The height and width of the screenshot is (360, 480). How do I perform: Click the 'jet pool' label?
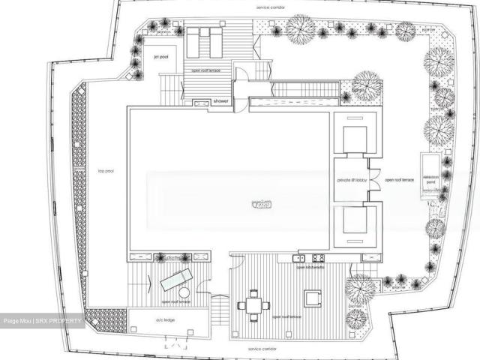(160, 56)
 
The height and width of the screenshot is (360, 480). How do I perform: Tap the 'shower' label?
(220, 100)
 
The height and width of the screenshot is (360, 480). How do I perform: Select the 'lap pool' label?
(105, 170)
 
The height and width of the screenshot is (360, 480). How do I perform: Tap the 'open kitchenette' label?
(310, 267)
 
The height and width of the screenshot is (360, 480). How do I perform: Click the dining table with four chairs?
(253, 304)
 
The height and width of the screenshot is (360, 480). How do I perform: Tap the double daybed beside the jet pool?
(204, 43)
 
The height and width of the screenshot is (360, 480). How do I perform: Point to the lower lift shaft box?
(355, 223)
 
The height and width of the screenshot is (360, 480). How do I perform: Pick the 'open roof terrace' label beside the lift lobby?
(399, 180)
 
